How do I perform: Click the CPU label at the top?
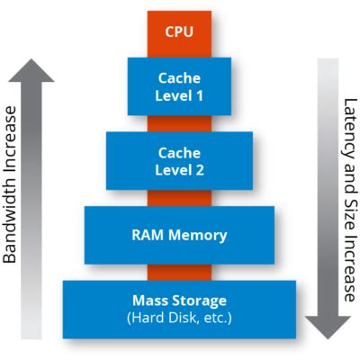tap(179, 31)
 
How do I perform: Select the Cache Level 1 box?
tap(179, 85)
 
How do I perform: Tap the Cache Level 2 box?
tap(179, 160)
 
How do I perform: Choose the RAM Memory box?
tap(179, 236)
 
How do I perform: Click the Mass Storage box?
tap(179, 309)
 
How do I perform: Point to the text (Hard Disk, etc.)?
tap(179, 317)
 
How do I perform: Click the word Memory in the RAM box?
tap(196, 236)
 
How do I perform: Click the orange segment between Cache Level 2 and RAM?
tap(179, 197)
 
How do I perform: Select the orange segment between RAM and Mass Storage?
tap(179, 272)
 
